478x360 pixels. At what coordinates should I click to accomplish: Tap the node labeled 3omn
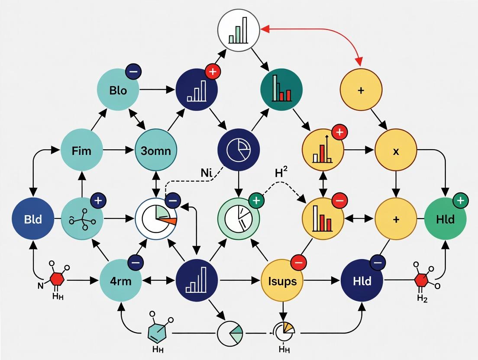click(156, 151)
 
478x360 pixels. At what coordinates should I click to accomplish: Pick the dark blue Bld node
click(33, 219)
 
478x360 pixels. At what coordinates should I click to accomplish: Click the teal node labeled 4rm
click(121, 280)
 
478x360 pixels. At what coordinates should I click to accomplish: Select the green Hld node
click(446, 219)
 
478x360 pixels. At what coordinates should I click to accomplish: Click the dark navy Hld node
click(362, 281)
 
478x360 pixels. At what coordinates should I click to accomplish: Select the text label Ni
click(207, 172)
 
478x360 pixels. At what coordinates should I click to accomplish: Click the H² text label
click(281, 173)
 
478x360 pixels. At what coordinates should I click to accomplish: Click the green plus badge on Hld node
click(460, 200)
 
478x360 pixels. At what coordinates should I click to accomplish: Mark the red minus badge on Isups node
click(298, 262)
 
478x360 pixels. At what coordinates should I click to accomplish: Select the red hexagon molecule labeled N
click(57, 280)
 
